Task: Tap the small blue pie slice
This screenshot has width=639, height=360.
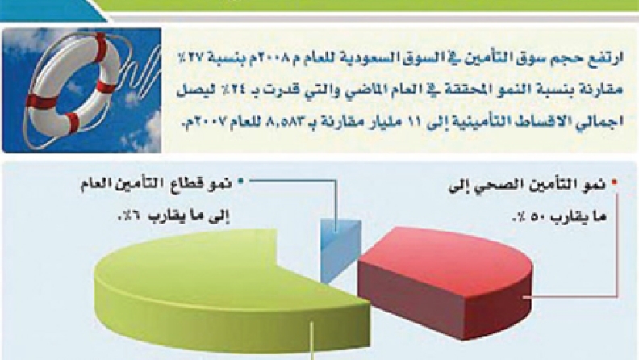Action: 340,249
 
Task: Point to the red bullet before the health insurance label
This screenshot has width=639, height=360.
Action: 614,184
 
